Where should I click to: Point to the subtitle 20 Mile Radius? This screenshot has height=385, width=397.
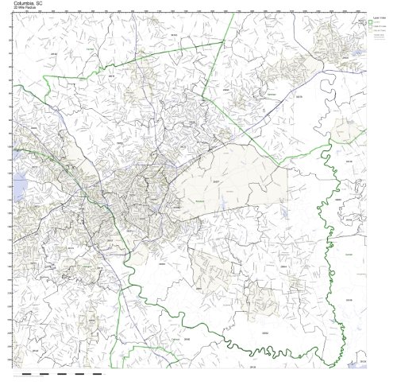point(25,8)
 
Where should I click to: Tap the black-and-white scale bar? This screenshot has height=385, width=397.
point(56,372)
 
